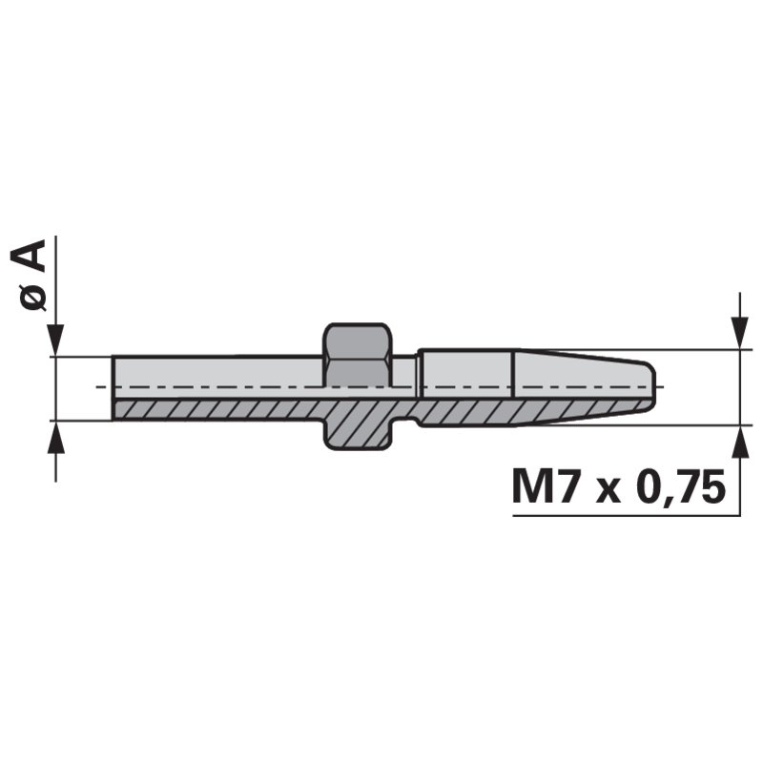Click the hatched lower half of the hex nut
coord(357,425)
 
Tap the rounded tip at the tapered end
coord(651,386)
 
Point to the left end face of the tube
coord(113,387)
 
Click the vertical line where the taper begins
coord(515,387)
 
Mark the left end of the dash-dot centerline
coord(99,387)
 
